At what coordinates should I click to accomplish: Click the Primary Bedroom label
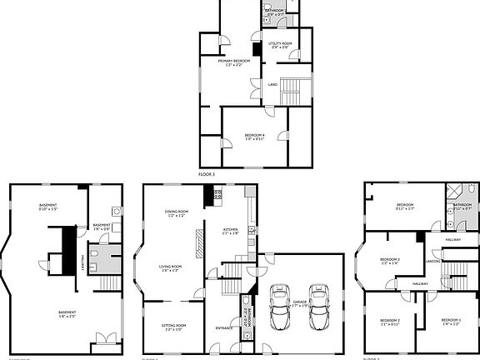pos(236,62)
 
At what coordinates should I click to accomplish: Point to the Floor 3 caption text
pos(207,174)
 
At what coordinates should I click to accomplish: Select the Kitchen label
pos(231,231)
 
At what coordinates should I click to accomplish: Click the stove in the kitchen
pos(217,197)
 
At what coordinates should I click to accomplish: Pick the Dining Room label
pos(177,212)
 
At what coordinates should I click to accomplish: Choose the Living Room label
pos(172,268)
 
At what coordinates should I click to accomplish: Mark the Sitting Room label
pos(173,327)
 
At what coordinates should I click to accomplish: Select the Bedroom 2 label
pos(389,322)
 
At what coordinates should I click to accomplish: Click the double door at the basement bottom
pos(104,338)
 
